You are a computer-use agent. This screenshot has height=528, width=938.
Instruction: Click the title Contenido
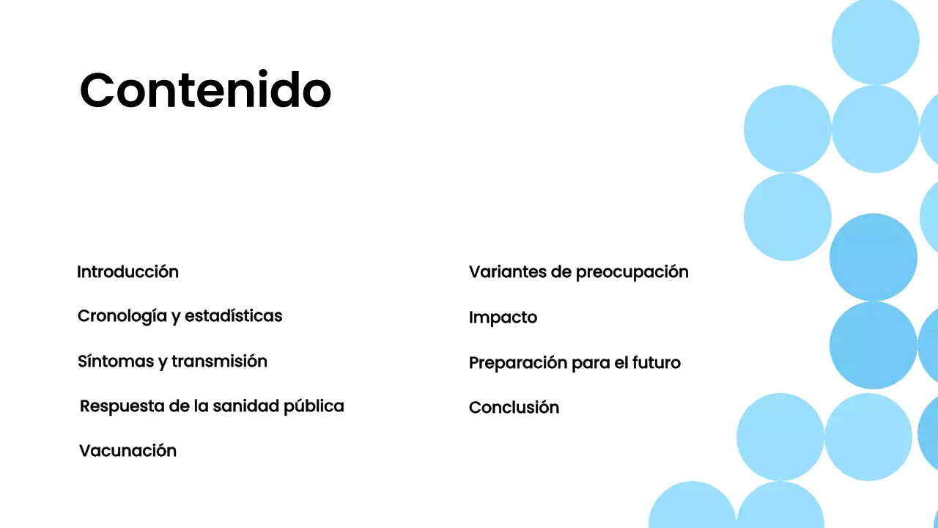pos(205,90)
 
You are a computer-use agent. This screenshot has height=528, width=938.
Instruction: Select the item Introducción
pos(128,272)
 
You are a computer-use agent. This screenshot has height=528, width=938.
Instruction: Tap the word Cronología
pos(122,316)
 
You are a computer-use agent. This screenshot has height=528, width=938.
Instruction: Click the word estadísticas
pos(233,316)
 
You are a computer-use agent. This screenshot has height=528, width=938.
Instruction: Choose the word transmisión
pos(219,362)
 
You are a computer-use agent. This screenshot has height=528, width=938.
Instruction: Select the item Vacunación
pos(128,451)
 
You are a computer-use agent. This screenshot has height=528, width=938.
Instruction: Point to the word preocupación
pos(632,272)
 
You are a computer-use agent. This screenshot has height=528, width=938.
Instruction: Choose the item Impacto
pos(503,318)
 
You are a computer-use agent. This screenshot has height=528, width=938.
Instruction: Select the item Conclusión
pos(514,408)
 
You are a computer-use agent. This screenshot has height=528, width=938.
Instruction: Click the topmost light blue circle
pos(875,40)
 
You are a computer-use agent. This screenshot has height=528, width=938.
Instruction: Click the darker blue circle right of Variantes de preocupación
pos(873,257)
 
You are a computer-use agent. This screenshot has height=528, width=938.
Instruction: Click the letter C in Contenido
pos(99,91)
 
